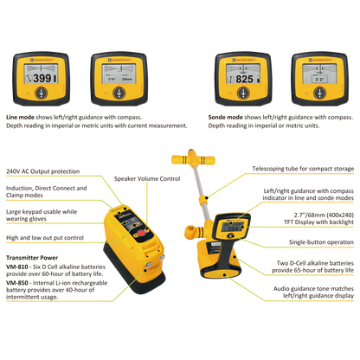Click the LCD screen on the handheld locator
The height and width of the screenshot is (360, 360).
click(x=233, y=228)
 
